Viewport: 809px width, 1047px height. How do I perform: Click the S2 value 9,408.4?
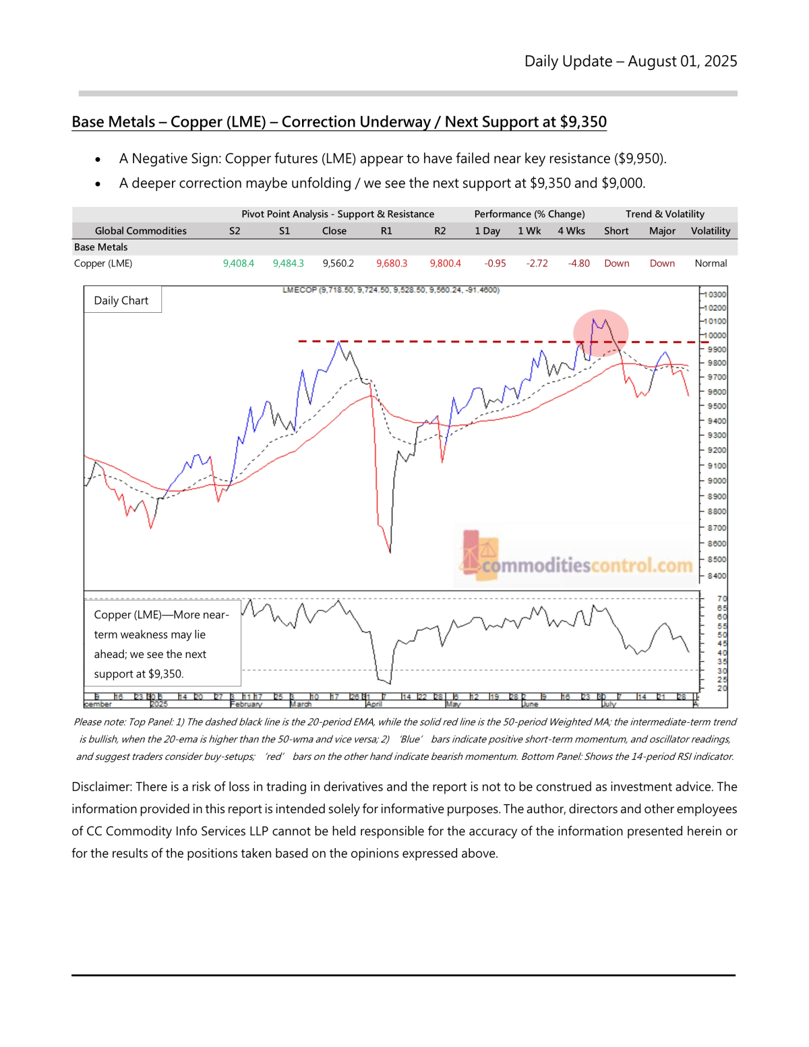point(238,264)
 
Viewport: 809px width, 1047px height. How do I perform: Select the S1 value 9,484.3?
point(288,264)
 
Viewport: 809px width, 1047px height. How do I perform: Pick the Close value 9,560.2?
point(338,264)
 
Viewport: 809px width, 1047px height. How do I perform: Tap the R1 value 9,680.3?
point(392,264)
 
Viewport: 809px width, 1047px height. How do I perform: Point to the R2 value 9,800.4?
point(445,264)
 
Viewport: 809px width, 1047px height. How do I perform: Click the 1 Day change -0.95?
point(495,264)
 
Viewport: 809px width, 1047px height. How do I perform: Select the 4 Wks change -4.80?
point(578,264)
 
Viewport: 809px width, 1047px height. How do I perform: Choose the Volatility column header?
point(710,231)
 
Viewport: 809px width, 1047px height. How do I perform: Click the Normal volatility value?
point(711,264)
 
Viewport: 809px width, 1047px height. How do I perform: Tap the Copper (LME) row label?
point(103,264)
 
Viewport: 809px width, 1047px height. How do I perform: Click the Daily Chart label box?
point(121,301)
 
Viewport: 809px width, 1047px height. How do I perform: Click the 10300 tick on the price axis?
point(715,295)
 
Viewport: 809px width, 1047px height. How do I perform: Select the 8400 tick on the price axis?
point(716,576)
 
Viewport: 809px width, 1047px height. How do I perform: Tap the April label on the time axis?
point(373,704)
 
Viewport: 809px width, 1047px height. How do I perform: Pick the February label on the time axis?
point(247,704)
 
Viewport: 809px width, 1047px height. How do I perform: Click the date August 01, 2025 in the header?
point(682,61)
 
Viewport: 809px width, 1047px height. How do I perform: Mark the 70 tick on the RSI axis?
point(721,599)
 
